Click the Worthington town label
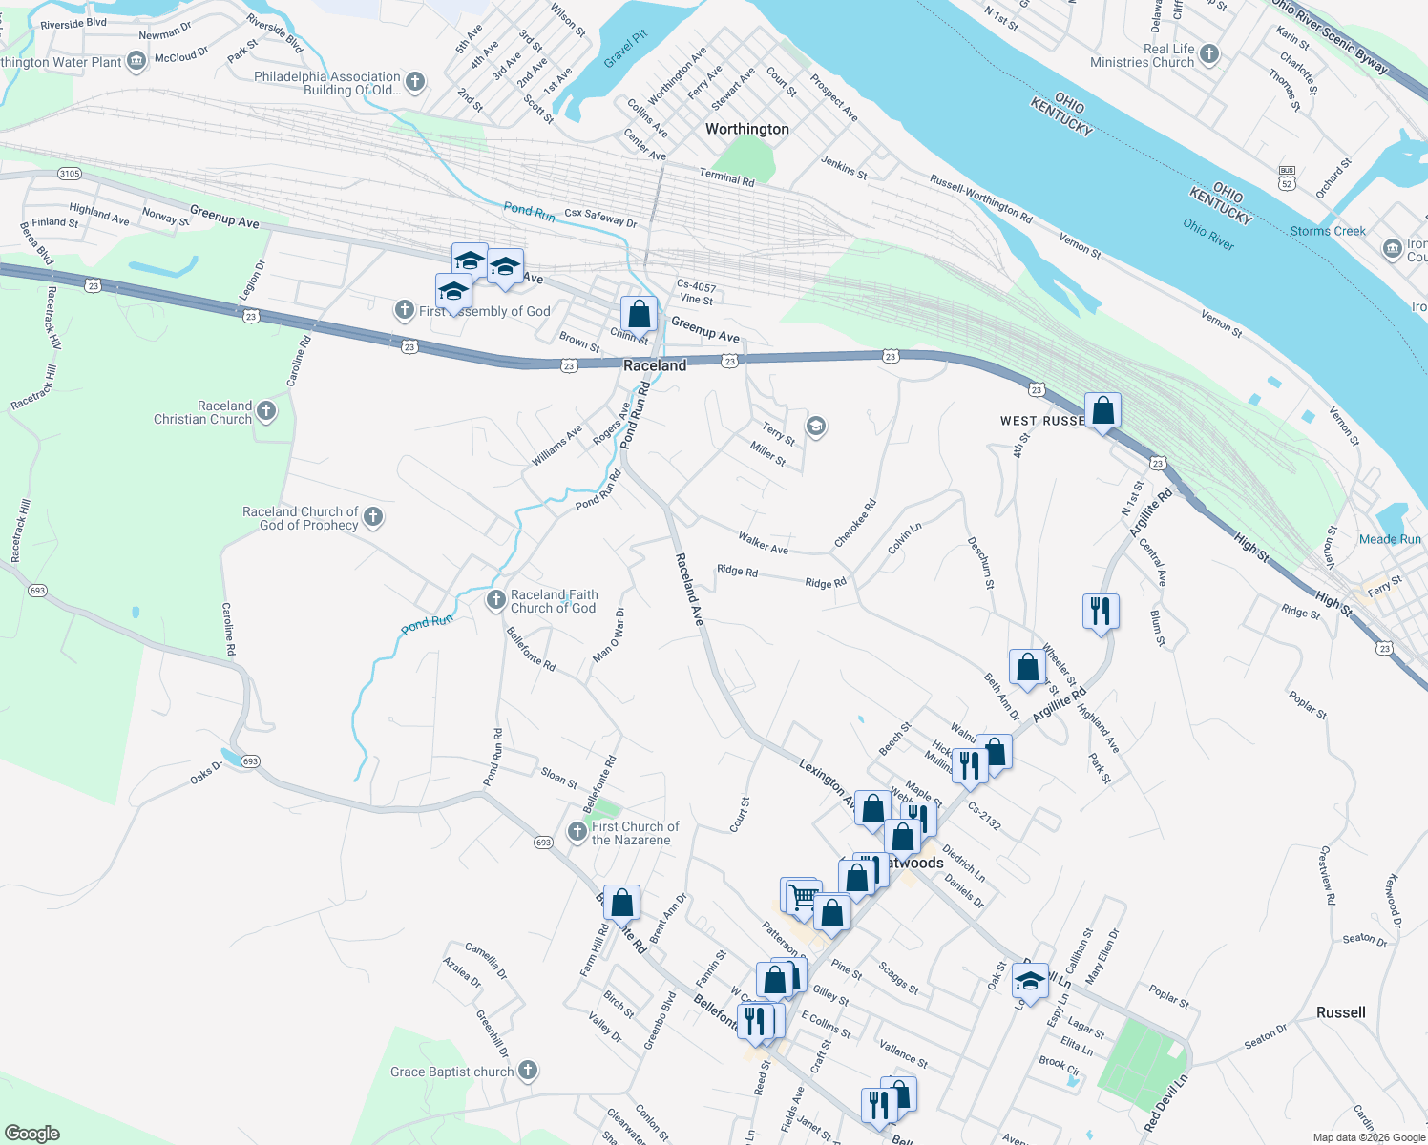746,129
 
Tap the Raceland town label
655,365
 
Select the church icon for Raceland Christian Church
266,412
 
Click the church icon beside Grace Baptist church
528,1072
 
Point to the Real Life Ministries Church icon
1209,54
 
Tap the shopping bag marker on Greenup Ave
639,314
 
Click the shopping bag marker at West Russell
1102,411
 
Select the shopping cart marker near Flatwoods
803,896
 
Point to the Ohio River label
1208,233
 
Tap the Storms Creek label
1328,231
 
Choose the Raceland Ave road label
689,590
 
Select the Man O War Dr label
609,635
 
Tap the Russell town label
1340,1012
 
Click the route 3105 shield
70,174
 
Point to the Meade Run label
1390,539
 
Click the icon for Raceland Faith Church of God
495,600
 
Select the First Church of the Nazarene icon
577,832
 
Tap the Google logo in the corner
31,1133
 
